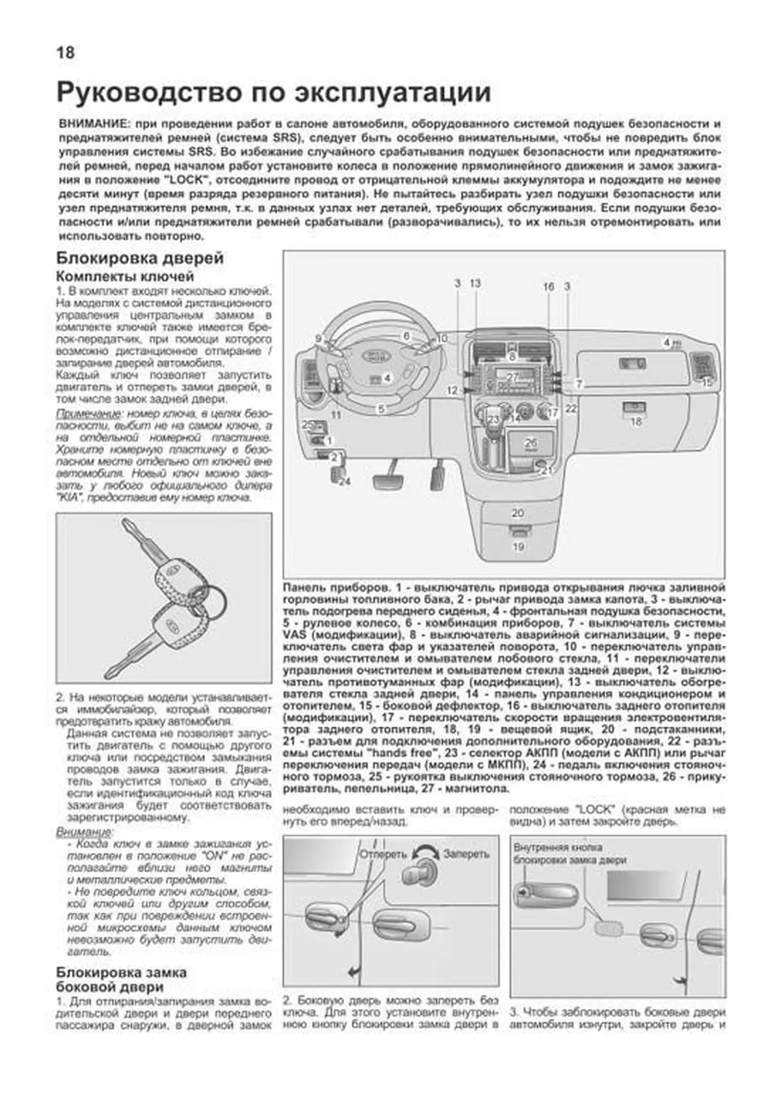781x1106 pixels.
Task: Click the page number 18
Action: click(x=66, y=53)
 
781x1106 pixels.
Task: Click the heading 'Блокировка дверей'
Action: click(x=140, y=258)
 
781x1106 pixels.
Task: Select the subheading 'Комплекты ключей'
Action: click(x=125, y=277)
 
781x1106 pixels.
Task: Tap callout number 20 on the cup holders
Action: click(x=518, y=513)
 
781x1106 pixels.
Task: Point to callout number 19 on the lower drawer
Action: click(x=518, y=547)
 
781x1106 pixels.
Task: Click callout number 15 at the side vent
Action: click(x=707, y=383)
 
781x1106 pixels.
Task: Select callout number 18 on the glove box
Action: click(x=636, y=421)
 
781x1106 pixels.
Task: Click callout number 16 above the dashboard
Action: click(x=548, y=286)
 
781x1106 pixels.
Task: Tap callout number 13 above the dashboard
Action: click(x=475, y=283)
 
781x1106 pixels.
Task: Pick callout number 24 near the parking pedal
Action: click(x=344, y=482)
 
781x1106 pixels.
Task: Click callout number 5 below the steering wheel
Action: click(x=382, y=409)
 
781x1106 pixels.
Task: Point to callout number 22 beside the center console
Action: click(x=571, y=409)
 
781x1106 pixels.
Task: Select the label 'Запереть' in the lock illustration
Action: click(x=466, y=854)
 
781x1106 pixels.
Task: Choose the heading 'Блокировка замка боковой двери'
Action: click(x=122, y=980)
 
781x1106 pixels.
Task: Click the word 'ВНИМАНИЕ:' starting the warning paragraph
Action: click(x=90, y=124)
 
